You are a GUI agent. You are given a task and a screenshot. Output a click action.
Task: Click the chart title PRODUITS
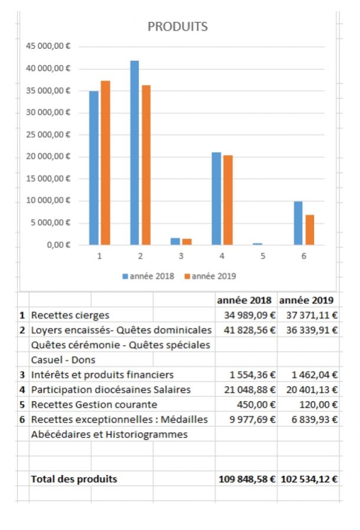(x=177, y=26)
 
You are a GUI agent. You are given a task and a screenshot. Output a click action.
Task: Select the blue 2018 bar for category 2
(x=135, y=153)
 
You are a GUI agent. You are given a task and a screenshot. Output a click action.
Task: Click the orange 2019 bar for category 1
(x=105, y=163)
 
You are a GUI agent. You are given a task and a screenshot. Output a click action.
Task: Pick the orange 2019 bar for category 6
(x=309, y=230)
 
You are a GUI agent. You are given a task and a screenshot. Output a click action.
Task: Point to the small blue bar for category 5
(x=257, y=243)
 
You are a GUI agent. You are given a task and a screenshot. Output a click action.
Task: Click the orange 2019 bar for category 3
(x=187, y=241)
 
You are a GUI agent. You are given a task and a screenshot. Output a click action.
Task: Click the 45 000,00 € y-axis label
(x=50, y=47)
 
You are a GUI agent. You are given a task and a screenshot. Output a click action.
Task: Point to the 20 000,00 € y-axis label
(x=50, y=157)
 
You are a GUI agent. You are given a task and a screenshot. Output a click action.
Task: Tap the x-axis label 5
(x=263, y=257)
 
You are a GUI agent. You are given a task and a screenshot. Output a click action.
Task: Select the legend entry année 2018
(x=148, y=276)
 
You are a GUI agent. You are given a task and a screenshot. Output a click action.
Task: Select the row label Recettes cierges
(x=70, y=316)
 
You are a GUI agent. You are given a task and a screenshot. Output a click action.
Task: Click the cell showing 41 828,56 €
(x=246, y=330)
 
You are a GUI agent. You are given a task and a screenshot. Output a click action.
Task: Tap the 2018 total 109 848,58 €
(x=246, y=479)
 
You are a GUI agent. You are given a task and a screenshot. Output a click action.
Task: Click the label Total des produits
(x=74, y=479)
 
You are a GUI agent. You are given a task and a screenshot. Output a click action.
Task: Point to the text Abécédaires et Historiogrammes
(x=109, y=434)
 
